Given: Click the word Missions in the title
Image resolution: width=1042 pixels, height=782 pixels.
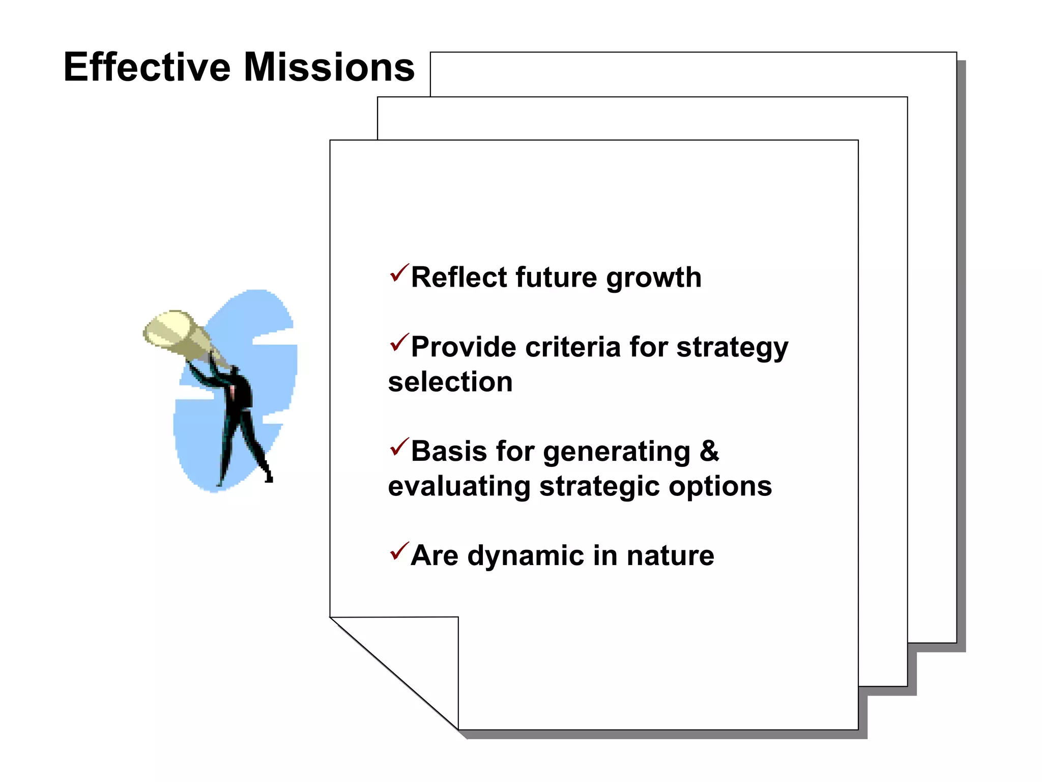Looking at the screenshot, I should click(329, 67).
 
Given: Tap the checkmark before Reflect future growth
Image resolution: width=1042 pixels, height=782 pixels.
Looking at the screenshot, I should click(399, 273).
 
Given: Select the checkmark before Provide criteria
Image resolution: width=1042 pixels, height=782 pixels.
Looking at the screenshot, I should click(399, 343).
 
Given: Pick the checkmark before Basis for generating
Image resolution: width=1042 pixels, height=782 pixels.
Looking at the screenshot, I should click(399, 447).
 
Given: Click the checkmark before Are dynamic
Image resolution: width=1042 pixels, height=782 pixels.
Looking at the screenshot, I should click(399, 551).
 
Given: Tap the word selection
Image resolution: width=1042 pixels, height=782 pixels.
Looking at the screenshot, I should click(450, 382).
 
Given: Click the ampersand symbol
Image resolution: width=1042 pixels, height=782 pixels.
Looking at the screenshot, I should click(709, 451).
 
